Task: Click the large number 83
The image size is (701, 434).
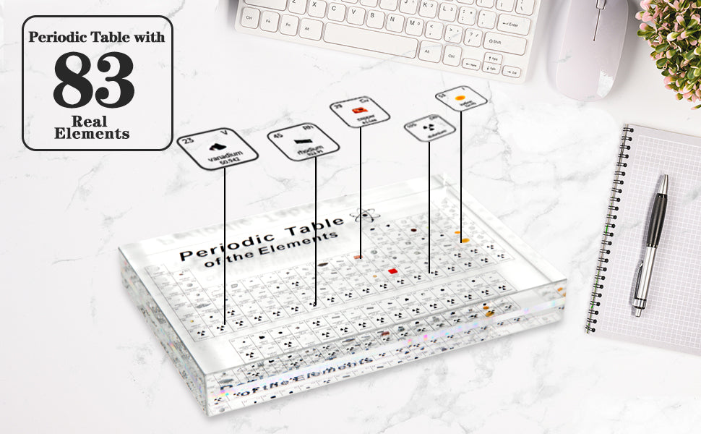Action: click(x=94, y=80)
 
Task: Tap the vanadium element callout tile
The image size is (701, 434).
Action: click(x=219, y=149)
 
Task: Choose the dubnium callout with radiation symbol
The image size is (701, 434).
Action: click(x=429, y=128)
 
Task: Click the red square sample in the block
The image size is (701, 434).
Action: click(x=392, y=271)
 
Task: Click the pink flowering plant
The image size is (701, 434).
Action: click(x=674, y=43)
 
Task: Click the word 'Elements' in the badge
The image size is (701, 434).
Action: click(x=92, y=134)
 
